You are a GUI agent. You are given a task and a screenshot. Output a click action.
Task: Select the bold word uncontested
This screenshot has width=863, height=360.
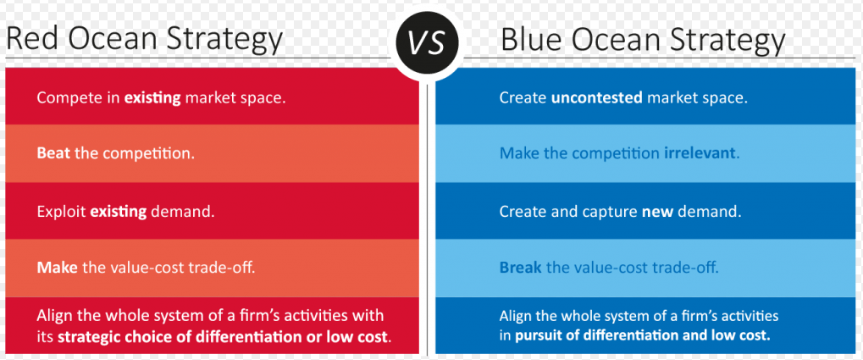pyautogui.click(x=596, y=98)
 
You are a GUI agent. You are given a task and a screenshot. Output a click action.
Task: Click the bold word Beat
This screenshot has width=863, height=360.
pyautogui.click(x=53, y=153)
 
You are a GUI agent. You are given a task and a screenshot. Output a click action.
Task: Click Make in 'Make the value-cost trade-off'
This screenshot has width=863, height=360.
pyautogui.click(x=58, y=269)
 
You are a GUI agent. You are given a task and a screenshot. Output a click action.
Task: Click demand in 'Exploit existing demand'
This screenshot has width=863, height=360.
pyautogui.click(x=181, y=212)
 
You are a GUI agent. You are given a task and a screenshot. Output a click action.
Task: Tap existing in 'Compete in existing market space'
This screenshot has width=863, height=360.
pyautogui.click(x=152, y=99)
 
